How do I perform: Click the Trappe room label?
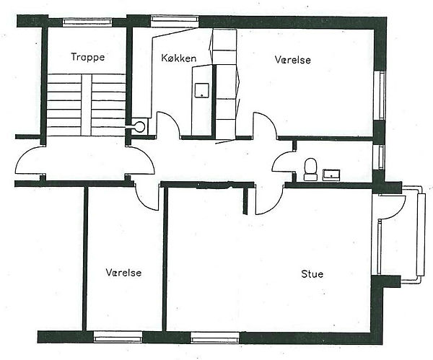tap(88, 57)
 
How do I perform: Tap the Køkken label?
tap(179, 58)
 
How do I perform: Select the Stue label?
tap(312, 274)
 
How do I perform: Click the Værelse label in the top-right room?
tap(293, 60)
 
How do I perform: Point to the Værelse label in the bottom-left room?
tap(123, 273)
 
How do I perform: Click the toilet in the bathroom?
tap(310, 170)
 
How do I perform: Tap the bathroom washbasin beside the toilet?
tap(331, 175)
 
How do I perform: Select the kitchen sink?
tap(201, 90)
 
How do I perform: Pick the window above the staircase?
tap(87, 22)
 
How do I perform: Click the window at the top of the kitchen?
tap(175, 22)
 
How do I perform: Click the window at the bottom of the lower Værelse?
tap(118, 337)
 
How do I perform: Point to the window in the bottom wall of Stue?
tap(215, 338)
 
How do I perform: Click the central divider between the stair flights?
tap(86, 105)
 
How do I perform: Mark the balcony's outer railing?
tap(421, 234)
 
